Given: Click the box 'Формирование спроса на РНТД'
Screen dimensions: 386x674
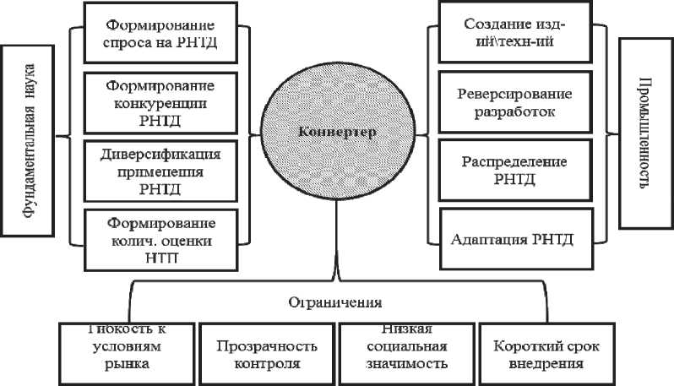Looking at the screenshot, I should (160, 34).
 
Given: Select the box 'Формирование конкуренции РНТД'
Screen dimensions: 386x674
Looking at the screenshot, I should (160, 103).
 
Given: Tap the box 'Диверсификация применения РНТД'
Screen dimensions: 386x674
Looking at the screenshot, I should (160, 171).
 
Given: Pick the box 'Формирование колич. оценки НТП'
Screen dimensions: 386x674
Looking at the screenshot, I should (160, 240).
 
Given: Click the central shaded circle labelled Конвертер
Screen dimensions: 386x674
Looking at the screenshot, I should (336, 133).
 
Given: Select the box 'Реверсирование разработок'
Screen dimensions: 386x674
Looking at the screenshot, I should (512, 103).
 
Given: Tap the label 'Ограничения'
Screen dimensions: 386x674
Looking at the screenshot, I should (335, 301).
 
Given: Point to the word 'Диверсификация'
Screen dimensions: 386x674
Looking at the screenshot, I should (160, 156).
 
